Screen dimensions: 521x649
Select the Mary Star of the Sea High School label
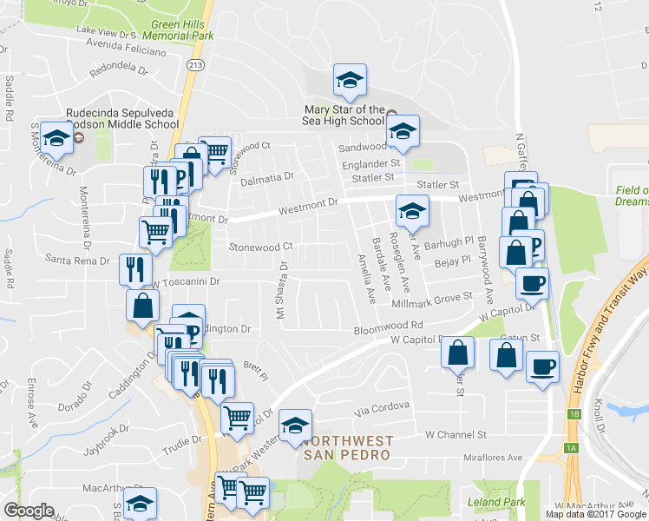(344, 115)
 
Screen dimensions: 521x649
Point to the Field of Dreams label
(632, 195)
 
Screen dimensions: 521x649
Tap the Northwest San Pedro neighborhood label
(347, 447)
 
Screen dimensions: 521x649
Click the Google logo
(29, 511)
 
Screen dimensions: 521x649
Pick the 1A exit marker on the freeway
(570, 447)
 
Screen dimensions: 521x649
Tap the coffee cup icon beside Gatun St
(543, 366)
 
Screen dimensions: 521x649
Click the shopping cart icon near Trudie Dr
(237, 418)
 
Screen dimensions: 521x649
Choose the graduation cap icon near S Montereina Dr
(56, 138)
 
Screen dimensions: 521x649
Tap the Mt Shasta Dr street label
(281, 290)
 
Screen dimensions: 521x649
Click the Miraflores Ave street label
(493, 458)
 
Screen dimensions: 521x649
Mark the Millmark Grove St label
(432, 296)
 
